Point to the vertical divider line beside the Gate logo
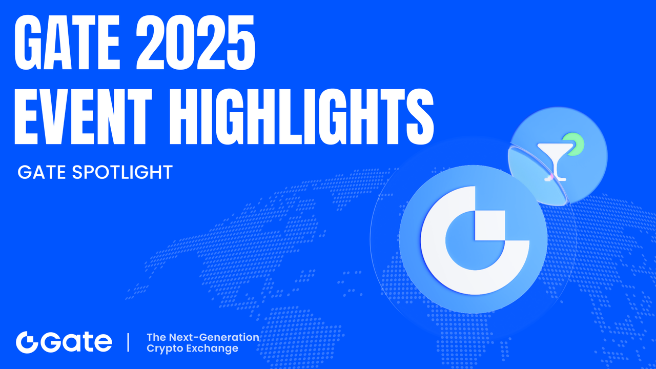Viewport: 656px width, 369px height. coord(128,342)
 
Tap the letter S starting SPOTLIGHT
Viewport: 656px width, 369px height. coord(76,172)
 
